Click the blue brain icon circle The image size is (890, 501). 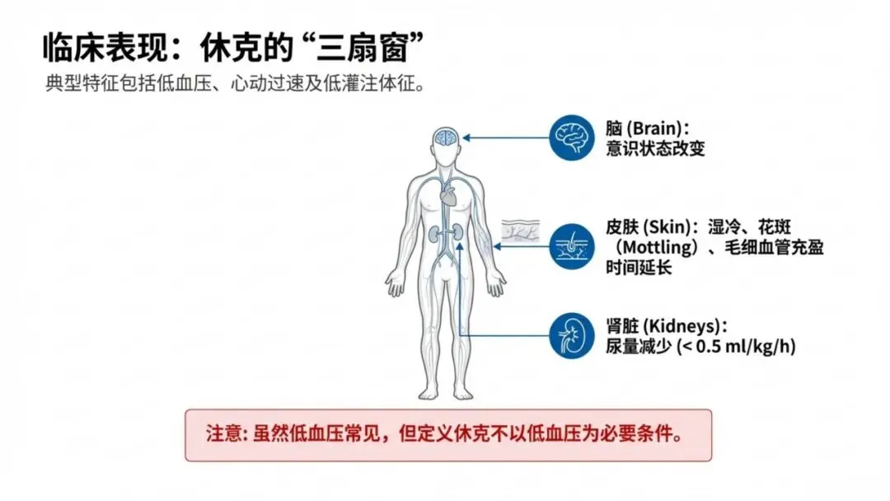coord(572,137)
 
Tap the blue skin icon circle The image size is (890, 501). coord(572,244)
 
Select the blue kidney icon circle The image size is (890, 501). coord(572,335)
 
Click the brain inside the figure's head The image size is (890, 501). coord(447,137)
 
